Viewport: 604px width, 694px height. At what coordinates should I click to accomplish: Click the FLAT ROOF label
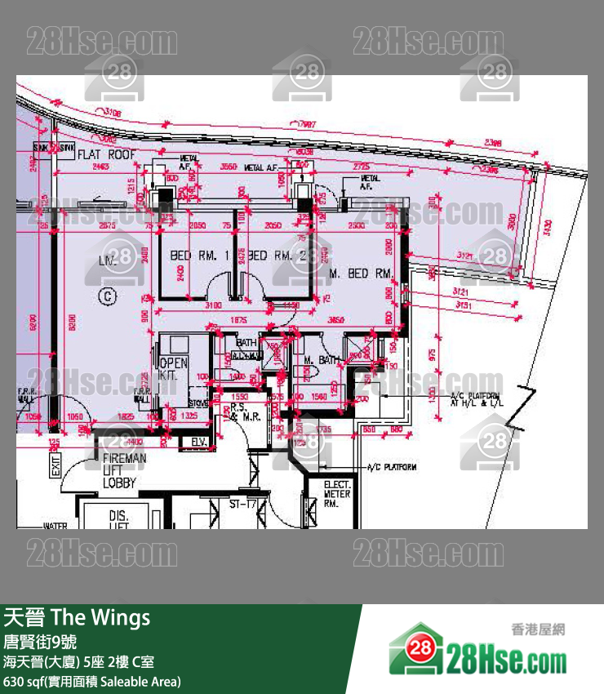pos(106,153)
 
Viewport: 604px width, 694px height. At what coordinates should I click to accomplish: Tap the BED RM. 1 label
pos(198,256)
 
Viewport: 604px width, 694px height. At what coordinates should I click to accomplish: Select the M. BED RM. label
pos(361,273)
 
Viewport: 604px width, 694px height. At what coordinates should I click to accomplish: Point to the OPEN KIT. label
pos(174,369)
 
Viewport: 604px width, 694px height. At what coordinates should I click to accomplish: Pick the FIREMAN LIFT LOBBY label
pos(124,471)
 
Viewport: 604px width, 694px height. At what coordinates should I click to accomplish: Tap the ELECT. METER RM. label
pos(336,494)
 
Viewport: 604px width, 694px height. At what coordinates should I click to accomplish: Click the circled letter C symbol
pos(106,296)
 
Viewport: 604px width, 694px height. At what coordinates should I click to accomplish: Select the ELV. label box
pos(198,442)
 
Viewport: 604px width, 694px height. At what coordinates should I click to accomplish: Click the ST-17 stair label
pos(242,505)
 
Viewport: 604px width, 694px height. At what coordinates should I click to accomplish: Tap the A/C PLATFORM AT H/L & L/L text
pos(477,400)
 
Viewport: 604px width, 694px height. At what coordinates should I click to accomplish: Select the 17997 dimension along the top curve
pos(307,124)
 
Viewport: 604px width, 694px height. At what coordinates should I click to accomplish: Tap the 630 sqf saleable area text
pos(92,681)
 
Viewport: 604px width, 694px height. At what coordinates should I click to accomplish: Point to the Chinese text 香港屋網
pos(538,629)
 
